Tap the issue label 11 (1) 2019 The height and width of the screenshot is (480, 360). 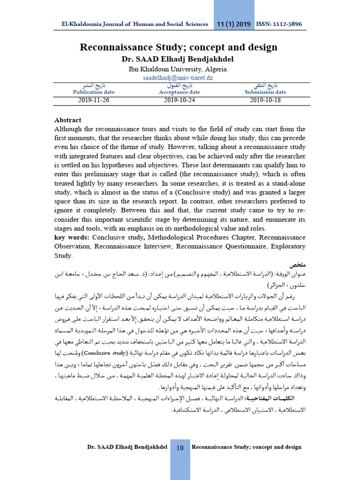[234, 24]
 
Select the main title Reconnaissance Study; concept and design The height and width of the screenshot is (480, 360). [179, 47]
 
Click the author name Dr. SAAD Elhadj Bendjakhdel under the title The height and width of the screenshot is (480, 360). [179, 60]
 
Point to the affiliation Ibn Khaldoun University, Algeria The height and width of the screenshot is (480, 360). [179, 69]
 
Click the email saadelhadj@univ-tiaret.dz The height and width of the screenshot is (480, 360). [179, 78]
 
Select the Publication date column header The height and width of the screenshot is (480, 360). [94, 92]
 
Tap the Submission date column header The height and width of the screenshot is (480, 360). [266, 92]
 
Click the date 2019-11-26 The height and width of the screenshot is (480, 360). [94, 100]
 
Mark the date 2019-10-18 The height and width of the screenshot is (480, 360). [266, 100]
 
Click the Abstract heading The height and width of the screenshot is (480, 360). [68, 120]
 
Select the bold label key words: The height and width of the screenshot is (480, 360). [72, 238]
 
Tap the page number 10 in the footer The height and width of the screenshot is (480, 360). [180, 448]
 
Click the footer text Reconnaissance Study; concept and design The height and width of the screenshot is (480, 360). [247, 447]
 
